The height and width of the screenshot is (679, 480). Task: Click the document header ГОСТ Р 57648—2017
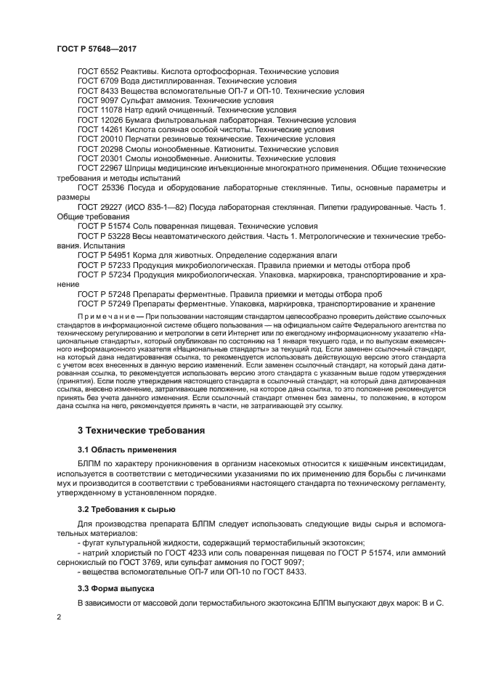coord(97,49)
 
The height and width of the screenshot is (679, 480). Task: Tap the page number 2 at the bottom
coord(60,617)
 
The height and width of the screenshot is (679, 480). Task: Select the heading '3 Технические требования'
coord(131,430)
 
